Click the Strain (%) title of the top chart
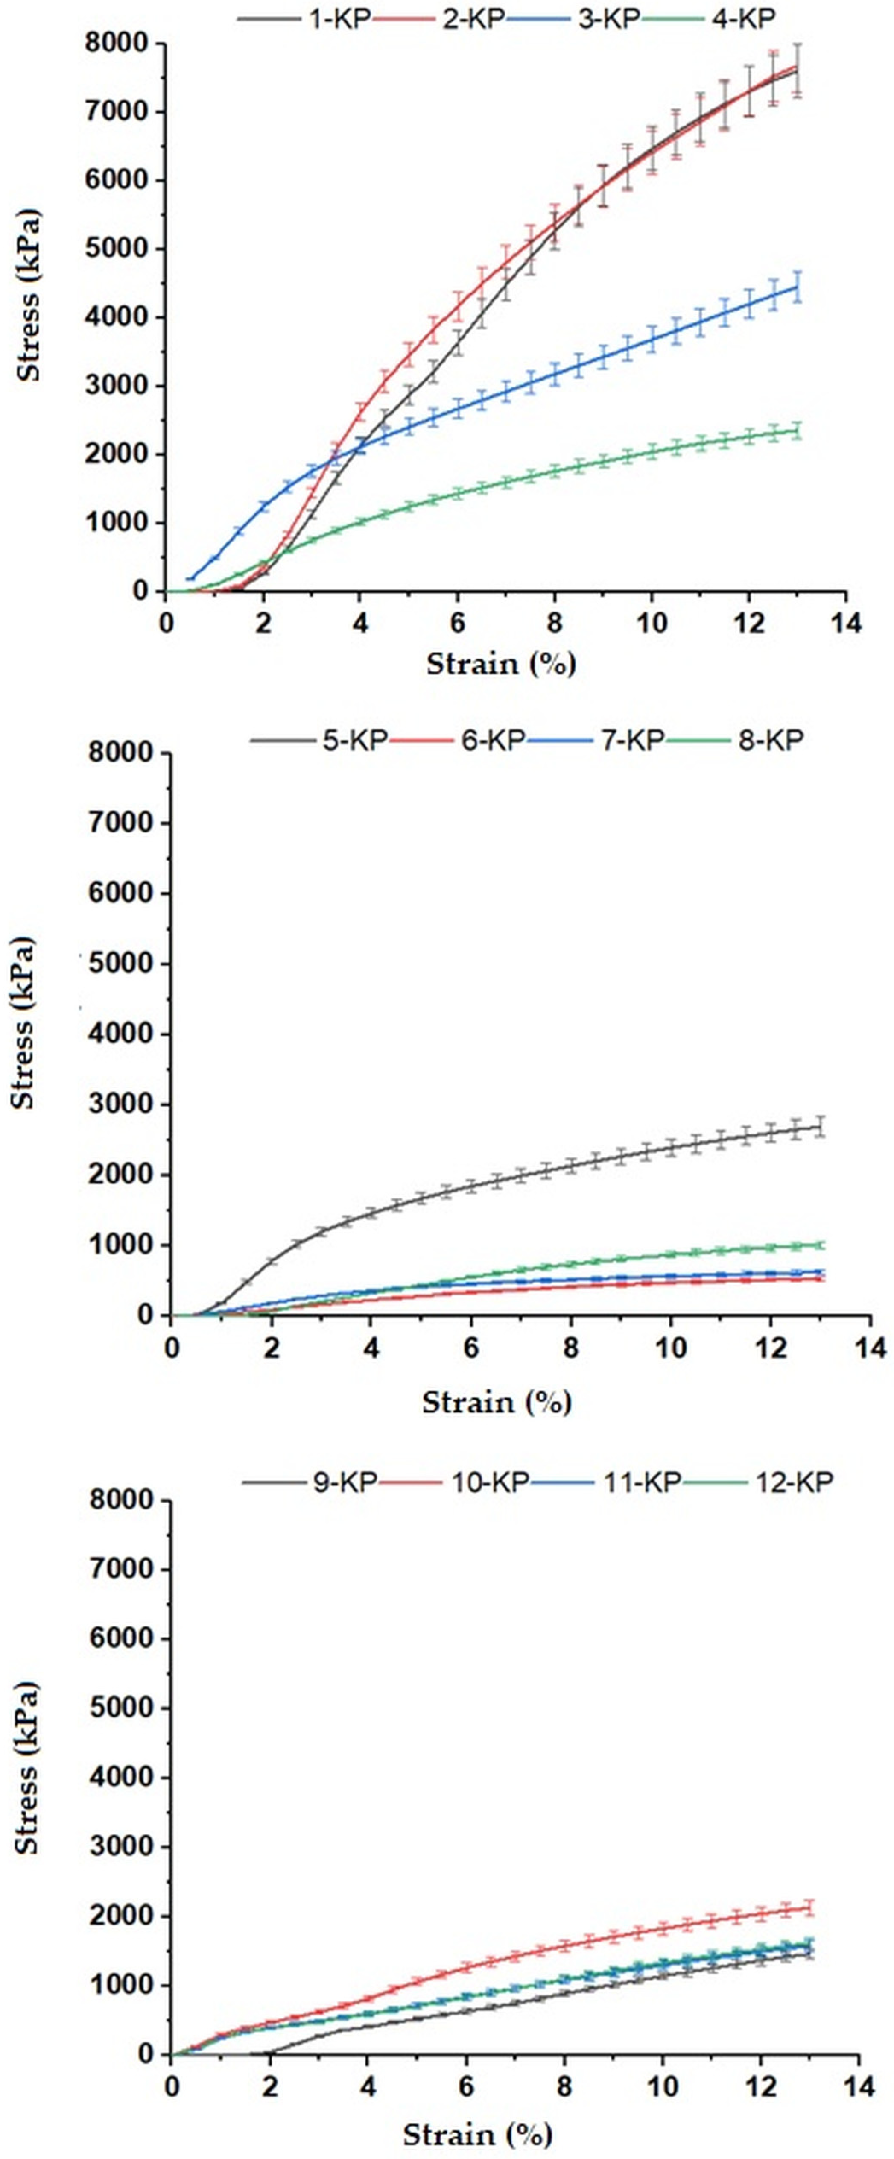click(501, 665)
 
